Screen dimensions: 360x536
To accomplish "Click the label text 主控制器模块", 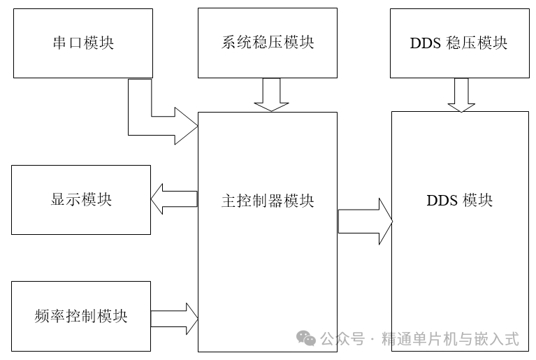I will tap(268, 201).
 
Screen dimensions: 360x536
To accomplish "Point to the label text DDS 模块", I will tap(459, 201).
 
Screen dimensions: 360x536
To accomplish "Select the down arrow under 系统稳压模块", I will tap(271, 95).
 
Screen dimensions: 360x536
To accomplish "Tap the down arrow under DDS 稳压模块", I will tap(461, 95).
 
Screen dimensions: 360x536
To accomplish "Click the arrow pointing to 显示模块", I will tap(174, 199).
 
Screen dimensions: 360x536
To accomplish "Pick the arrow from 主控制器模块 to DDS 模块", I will tap(365, 221).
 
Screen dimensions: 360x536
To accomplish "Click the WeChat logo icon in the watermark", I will tap(307, 339).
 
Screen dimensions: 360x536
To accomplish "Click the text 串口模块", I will tap(82, 43).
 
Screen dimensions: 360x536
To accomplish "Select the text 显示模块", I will tap(81, 200).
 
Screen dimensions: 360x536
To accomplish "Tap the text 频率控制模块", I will tap(81, 316).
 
